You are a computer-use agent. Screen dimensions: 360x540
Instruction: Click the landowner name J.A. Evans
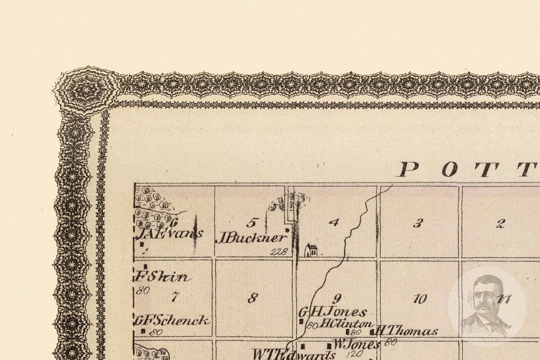click(x=169, y=234)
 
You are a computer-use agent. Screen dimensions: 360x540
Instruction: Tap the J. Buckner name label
click(x=252, y=238)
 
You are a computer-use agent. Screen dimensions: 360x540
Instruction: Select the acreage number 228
click(x=279, y=252)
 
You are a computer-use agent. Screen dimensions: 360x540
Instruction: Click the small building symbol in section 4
click(x=311, y=250)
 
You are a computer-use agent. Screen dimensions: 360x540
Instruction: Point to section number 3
click(x=417, y=224)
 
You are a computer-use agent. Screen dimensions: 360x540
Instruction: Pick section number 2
click(x=500, y=224)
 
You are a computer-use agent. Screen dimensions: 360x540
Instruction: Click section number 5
click(x=253, y=222)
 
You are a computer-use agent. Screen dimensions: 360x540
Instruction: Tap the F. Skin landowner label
click(x=162, y=277)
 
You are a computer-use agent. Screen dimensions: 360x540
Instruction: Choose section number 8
click(x=253, y=298)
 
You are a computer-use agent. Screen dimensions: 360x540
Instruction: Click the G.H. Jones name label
click(x=333, y=312)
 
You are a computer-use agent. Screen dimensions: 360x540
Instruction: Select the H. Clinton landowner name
click(x=346, y=324)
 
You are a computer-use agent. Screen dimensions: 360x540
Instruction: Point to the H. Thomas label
click(x=407, y=332)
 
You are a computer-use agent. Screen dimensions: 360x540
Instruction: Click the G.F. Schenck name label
click(x=171, y=321)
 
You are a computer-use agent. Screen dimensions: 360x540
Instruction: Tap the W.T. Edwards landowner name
click(x=294, y=354)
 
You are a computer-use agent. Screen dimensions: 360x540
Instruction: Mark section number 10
click(x=420, y=299)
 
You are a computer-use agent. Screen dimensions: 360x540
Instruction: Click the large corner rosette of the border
click(x=86, y=90)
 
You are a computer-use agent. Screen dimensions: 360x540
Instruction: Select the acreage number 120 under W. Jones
click(x=355, y=353)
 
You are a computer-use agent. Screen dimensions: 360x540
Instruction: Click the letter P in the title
click(x=408, y=169)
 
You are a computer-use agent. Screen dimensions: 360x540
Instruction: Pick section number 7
click(x=175, y=297)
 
